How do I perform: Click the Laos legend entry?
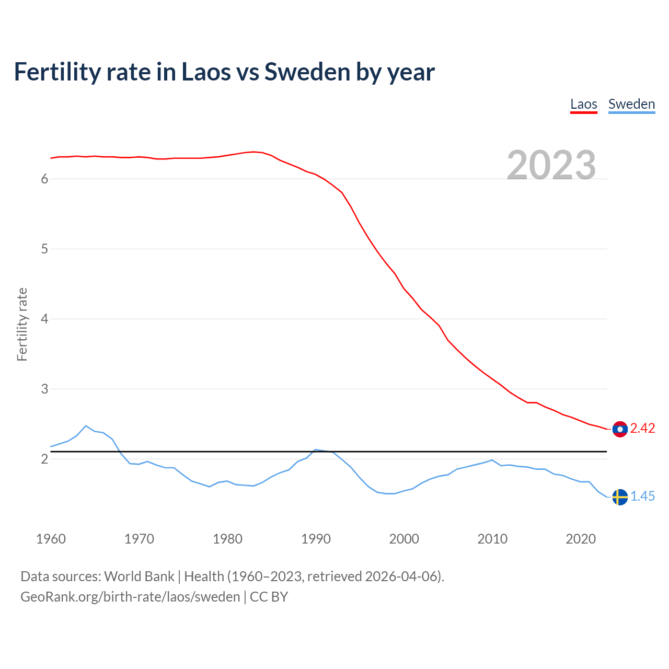(583, 104)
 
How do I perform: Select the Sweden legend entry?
(631, 104)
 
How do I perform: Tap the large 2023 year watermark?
(551, 165)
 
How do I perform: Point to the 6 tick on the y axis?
(44, 179)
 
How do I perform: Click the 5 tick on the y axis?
(44, 249)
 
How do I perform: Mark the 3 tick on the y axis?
(44, 389)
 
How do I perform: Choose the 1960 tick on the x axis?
(51, 539)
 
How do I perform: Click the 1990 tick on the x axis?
(316, 539)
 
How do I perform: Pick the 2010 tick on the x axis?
(492, 539)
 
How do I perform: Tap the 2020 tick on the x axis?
(581, 539)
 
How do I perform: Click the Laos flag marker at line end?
(620, 429)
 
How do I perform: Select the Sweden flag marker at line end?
(620, 497)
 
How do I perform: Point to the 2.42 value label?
(642, 429)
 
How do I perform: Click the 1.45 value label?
(642, 497)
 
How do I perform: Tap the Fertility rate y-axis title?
(22, 324)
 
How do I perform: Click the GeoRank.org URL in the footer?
(130, 597)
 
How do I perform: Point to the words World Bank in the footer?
(139, 576)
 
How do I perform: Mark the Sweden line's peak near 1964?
(86, 425)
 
